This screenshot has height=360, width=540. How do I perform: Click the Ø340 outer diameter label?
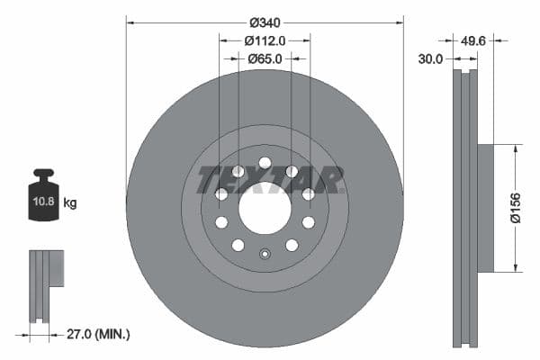[265, 21]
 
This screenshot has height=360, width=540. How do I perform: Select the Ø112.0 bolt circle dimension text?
[265, 40]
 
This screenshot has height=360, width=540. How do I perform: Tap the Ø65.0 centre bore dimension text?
[265, 58]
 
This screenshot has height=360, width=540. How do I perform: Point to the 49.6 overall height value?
[473, 40]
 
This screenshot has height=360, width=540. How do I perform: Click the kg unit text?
[70, 203]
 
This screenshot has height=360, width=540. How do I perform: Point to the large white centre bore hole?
[265, 208]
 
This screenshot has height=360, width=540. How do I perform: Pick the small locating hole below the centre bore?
[265, 253]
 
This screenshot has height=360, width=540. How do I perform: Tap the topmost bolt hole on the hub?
[265, 163]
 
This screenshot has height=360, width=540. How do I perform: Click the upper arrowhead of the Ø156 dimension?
[514, 148]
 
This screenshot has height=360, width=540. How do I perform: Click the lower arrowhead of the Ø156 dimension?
[514, 267]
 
